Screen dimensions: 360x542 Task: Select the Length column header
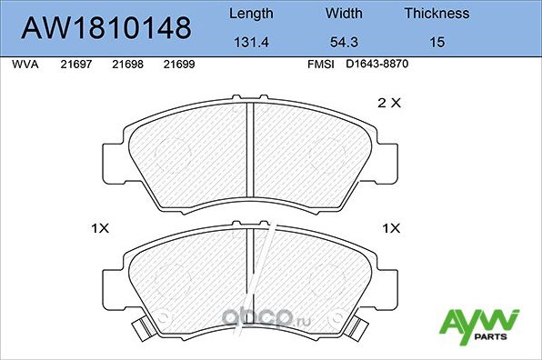pos(250,14)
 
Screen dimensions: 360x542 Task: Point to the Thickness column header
pos(437,14)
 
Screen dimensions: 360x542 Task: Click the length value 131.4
pos(250,43)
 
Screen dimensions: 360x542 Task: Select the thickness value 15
pos(437,43)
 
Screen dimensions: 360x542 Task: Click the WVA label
pos(23,65)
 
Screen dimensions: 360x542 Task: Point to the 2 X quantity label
pos(388,104)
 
